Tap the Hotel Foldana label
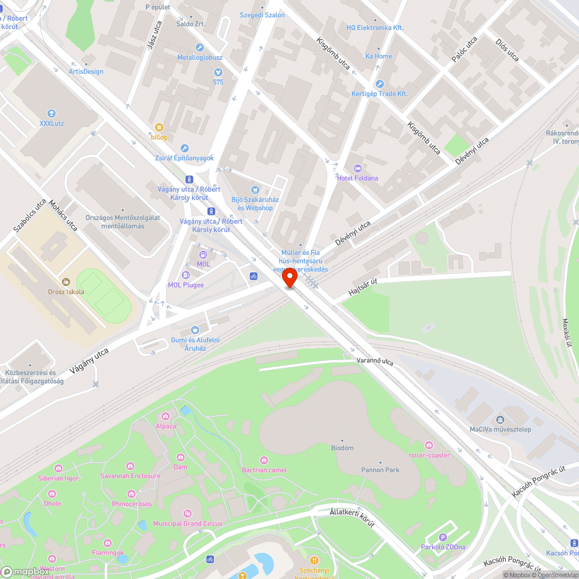point(357,178)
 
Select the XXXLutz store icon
point(52,113)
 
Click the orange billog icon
point(159,127)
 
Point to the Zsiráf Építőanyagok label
point(184,158)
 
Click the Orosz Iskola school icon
point(66,282)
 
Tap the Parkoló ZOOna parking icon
point(443,538)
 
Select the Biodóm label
point(342,448)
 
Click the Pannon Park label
point(380,470)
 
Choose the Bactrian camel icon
point(264,460)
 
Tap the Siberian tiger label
point(58,478)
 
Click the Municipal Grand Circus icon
point(187,514)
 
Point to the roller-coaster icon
point(429,445)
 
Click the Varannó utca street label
point(375,361)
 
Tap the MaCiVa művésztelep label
point(500,429)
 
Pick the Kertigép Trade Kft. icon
point(379,84)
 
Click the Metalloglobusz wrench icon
point(200,48)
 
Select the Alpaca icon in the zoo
point(165,416)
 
